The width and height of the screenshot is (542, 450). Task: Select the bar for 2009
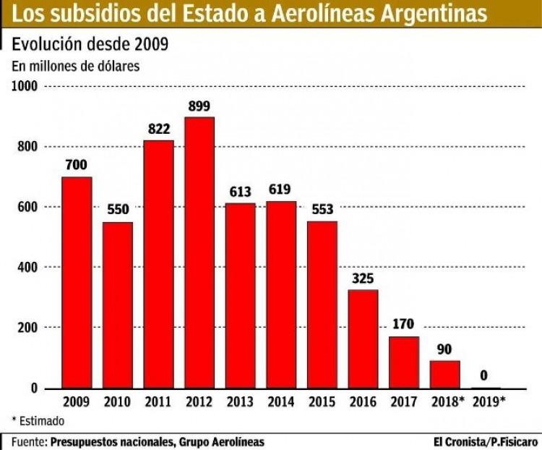click(77, 282)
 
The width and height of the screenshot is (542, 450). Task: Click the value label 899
click(199, 106)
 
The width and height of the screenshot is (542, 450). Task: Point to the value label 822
click(158, 129)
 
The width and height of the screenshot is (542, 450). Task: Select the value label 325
click(363, 278)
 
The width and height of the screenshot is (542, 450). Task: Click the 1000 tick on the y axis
click(25, 86)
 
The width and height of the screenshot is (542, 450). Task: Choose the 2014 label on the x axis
click(281, 402)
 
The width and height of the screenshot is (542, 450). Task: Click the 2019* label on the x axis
click(488, 402)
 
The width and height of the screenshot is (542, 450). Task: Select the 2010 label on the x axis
click(117, 402)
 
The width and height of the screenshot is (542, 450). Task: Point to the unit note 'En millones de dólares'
click(75, 65)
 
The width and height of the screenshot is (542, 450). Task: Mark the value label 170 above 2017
click(404, 324)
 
